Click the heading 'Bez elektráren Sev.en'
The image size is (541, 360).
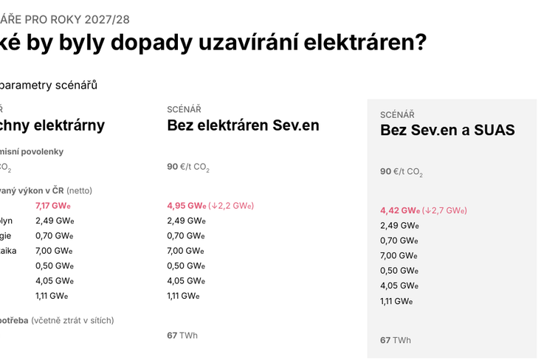(x=243, y=125)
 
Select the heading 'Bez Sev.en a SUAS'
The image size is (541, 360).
(x=447, y=131)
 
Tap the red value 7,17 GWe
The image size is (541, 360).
(x=53, y=205)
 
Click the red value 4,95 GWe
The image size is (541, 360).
(x=186, y=205)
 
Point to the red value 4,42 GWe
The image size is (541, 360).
(x=399, y=210)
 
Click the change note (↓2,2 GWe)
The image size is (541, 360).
(x=231, y=205)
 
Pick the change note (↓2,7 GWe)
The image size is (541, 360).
(x=444, y=210)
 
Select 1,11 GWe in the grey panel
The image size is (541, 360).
(x=396, y=301)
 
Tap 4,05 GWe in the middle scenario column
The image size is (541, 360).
(x=186, y=280)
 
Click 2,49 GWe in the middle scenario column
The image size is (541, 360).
(x=186, y=221)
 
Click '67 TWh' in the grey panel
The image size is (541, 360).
(x=396, y=340)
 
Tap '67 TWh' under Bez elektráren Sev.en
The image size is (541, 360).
(x=182, y=335)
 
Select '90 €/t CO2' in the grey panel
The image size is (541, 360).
(x=401, y=172)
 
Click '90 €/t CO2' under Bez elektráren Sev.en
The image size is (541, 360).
(x=188, y=167)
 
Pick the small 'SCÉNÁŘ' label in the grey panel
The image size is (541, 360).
(x=397, y=114)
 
